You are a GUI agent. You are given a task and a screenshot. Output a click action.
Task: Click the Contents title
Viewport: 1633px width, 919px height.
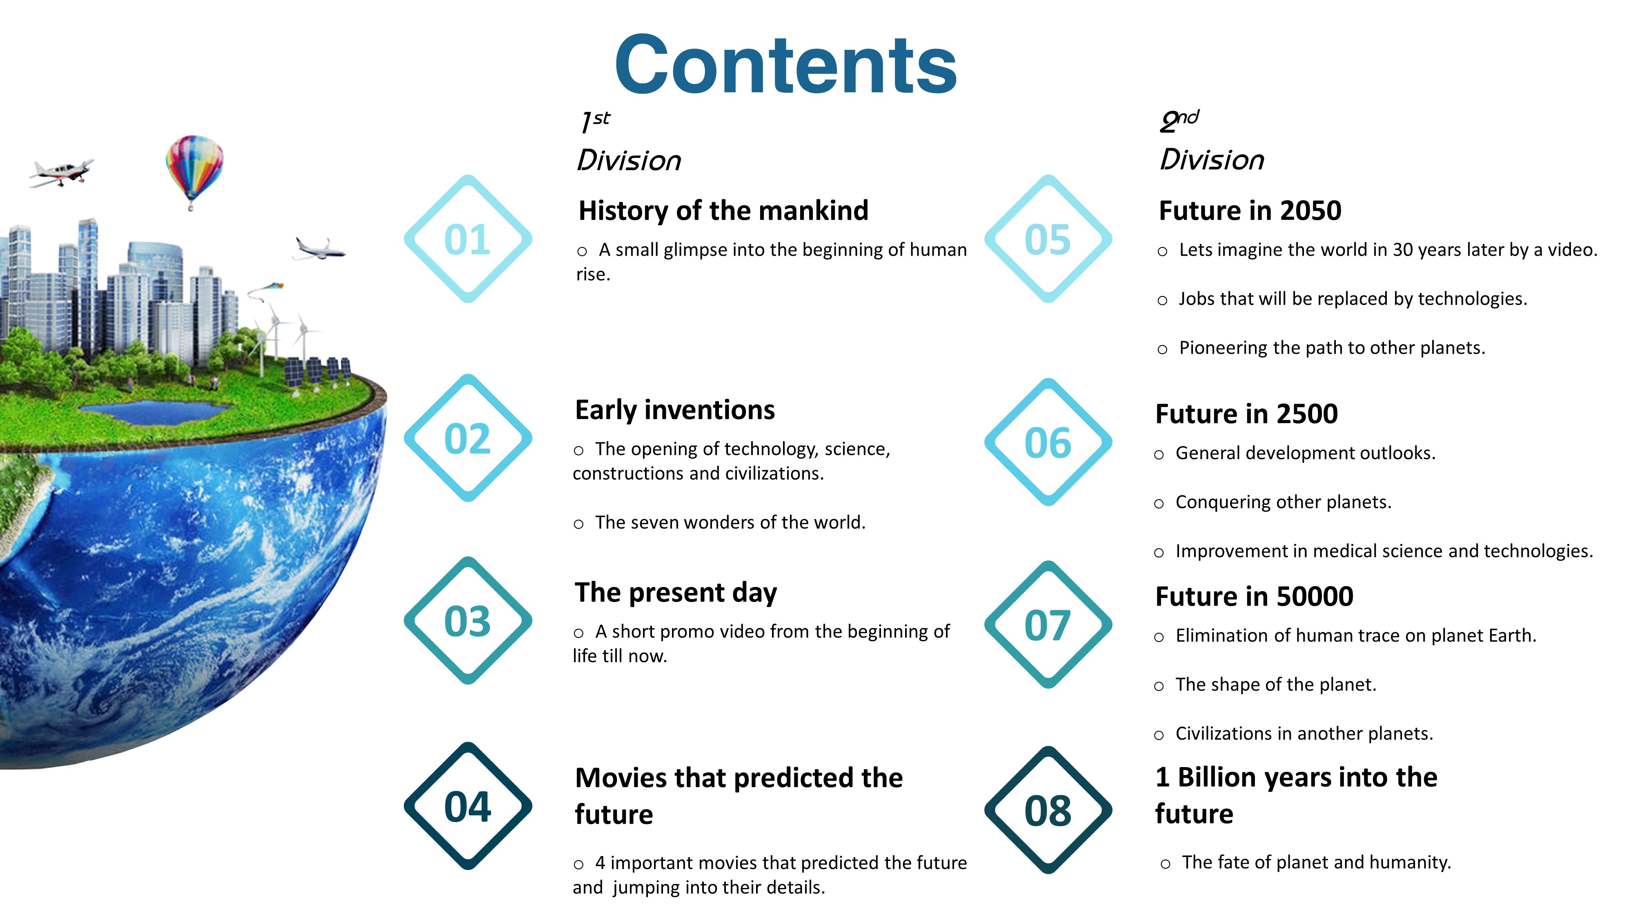point(785,65)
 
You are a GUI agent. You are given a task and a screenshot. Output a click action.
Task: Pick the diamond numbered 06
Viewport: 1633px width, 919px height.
point(1048,387)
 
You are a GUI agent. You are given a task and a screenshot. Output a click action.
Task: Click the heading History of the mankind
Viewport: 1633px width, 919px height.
point(723,211)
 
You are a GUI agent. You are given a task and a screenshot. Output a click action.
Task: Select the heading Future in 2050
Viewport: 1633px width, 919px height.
point(1250,211)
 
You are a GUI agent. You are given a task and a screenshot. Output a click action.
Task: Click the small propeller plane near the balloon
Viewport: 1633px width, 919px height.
point(62,172)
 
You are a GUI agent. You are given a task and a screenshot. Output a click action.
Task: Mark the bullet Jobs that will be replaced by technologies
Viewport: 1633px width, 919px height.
point(1342,299)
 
